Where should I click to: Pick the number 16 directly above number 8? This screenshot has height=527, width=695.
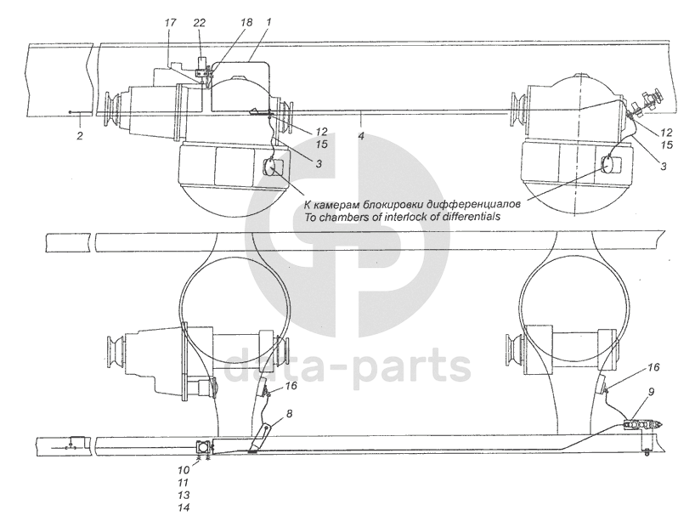coord(291,385)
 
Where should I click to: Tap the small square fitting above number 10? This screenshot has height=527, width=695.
coord(205,447)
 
